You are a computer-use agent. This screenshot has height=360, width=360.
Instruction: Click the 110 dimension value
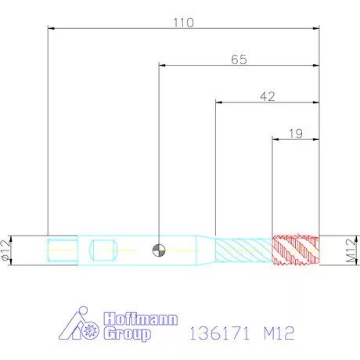coord(183,23)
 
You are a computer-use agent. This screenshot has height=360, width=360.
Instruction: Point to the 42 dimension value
coord(268,96)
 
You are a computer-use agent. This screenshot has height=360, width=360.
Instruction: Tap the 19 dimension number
coord(296,134)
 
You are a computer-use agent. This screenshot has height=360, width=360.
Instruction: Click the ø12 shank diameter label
coord(7,250)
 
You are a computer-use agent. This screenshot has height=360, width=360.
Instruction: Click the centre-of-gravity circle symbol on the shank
coord(160,250)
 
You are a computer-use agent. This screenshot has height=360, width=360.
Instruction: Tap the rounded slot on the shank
coord(103,250)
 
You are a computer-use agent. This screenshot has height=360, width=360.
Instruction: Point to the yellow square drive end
coord(62,250)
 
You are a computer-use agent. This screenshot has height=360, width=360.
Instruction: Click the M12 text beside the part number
coord(278,334)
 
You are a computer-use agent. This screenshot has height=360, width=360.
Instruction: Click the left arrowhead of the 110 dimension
coord(52,29)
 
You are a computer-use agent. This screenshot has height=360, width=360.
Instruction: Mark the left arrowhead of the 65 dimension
coord(163,66)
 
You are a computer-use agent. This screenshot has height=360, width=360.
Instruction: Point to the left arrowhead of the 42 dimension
coord(219,103)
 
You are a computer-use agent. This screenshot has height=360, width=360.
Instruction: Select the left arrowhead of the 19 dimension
coord(275,139)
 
